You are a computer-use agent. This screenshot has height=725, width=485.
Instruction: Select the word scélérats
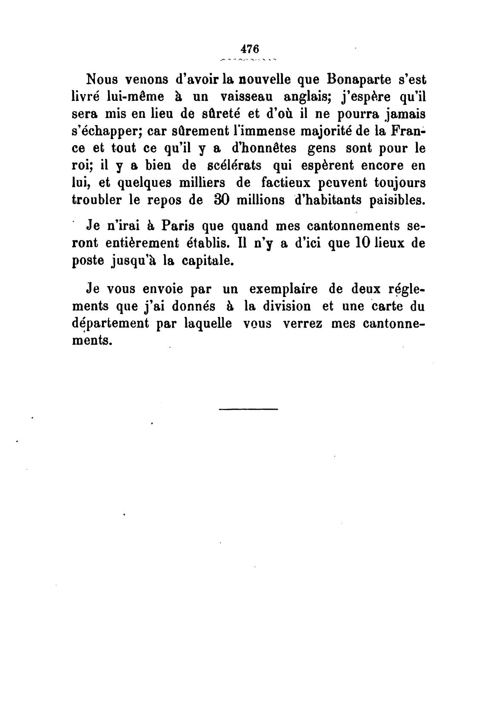tap(228, 166)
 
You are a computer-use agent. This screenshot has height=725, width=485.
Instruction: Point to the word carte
tap(386, 306)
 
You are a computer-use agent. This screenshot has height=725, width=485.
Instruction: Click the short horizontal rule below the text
tap(248, 409)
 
